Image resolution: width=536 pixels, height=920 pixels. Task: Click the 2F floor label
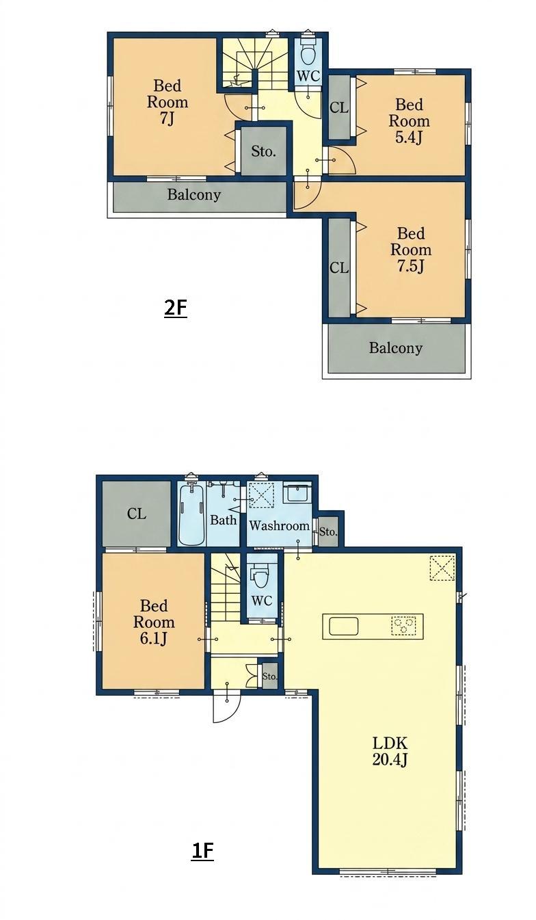click(176, 308)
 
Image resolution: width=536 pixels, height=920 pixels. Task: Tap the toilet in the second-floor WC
click(308, 51)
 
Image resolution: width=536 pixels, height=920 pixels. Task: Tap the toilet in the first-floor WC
click(258, 578)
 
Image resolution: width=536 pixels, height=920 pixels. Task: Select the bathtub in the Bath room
click(191, 514)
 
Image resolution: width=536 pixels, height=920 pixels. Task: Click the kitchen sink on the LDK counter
click(343, 627)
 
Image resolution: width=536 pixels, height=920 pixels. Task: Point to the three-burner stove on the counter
click(404, 626)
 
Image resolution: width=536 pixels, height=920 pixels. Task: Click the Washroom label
click(279, 525)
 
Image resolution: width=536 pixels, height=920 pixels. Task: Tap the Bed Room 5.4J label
click(410, 121)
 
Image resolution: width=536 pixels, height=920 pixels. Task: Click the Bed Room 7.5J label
click(410, 250)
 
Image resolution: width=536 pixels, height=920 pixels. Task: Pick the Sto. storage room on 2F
click(263, 150)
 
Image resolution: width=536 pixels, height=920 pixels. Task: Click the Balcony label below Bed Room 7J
click(193, 194)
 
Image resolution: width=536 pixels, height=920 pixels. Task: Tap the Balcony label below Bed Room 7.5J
click(396, 348)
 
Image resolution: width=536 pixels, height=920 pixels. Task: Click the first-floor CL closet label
click(136, 514)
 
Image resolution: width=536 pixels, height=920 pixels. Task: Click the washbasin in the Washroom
click(299, 492)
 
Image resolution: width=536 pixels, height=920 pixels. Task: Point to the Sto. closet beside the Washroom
click(328, 531)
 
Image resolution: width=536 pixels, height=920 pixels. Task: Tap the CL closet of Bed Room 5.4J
click(339, 107)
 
